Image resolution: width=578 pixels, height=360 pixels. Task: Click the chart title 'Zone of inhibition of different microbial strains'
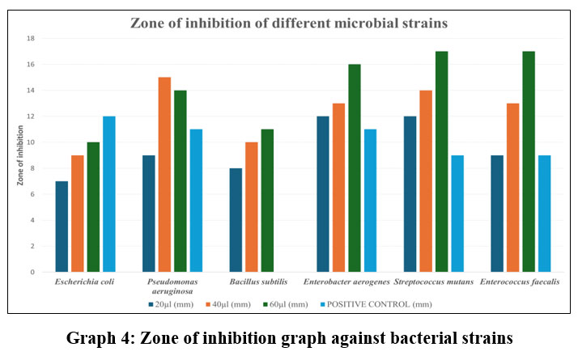[289, 23]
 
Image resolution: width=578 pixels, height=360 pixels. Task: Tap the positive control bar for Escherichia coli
[109, 194]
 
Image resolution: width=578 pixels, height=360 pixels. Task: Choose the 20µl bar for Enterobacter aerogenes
[324, 194]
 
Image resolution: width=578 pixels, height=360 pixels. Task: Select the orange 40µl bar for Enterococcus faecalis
[513, 188]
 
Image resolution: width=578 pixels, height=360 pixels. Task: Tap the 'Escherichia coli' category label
[84, 282]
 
